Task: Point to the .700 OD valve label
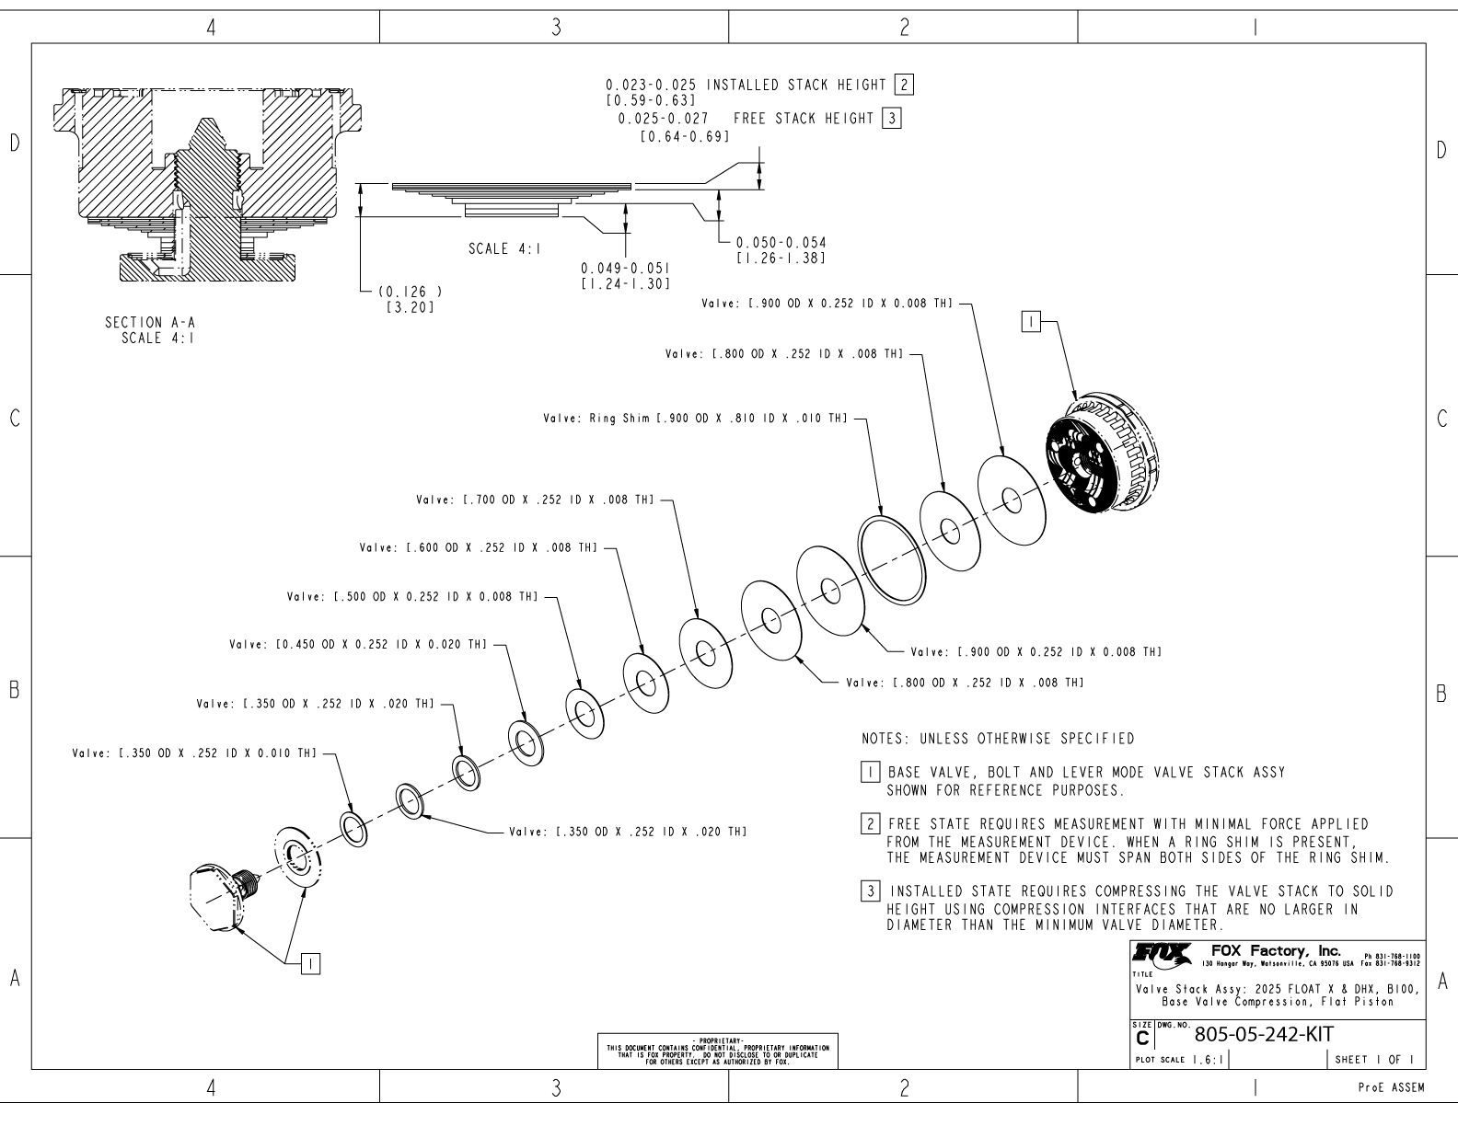point(535,500)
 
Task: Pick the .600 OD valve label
point(480,548)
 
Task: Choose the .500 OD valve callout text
point(412,596)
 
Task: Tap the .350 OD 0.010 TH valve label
point(194,753)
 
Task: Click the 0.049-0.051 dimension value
point(625,273)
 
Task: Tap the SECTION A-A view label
point(152,328)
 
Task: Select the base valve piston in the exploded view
point(1105,461)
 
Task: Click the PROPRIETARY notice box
point(718,1052)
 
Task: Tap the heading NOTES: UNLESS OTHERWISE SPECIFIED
point(998,739)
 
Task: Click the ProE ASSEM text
point(1390,1088)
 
